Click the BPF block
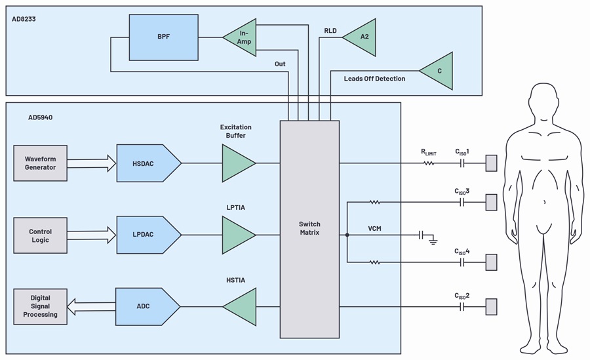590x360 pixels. click(164, 37)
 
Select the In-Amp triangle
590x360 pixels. click(241, 37)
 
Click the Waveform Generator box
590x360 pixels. click(41, 163)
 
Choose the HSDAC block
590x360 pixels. click(147, 163)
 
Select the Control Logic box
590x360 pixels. click(41, 235)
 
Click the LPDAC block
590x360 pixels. click(147, 235)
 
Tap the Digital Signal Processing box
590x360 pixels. click(41, 306)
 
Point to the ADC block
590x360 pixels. click(146, 306)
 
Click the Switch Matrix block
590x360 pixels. click(309, 229)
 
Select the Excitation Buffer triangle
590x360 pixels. click(237, 163)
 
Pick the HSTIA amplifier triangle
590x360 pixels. click(241, 306)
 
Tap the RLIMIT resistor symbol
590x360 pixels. click(429, 163)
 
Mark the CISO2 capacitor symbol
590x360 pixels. click(463, 306)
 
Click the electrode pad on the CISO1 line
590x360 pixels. click(491, 163)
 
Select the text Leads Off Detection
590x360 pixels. click(374, 79)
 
